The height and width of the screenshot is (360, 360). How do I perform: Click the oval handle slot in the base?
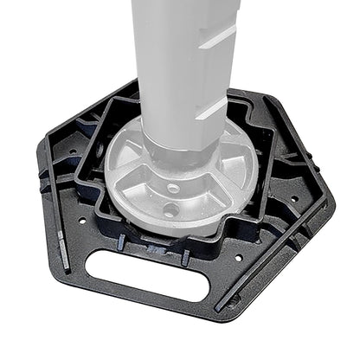(148, 275)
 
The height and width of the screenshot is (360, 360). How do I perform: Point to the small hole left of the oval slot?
(81, 221)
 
